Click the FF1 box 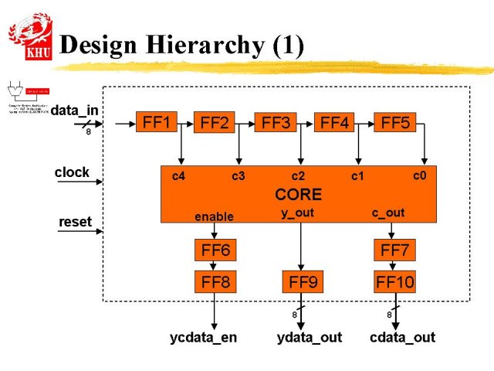[x=157, y=121]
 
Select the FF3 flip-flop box [x=276, y=122]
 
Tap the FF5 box [x=395, y=122]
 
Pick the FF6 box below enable [x=215, y=250]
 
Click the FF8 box [x=215, y=281]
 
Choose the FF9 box [x=303, y=282]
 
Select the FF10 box [x=394, y=282]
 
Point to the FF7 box [x=395, y=250]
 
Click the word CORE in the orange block [x=298, y=194]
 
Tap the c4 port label [x=178, y=176]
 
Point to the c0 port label [x=419, y=175]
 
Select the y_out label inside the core [x=297, y=213]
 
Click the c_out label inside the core [x=388, y=213]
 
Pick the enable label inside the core [x=214, y=216]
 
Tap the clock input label [x=72, y=172]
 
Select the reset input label [x=75, y=222]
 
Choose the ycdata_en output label [x=204, y=337]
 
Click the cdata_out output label [x=402, y=337]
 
